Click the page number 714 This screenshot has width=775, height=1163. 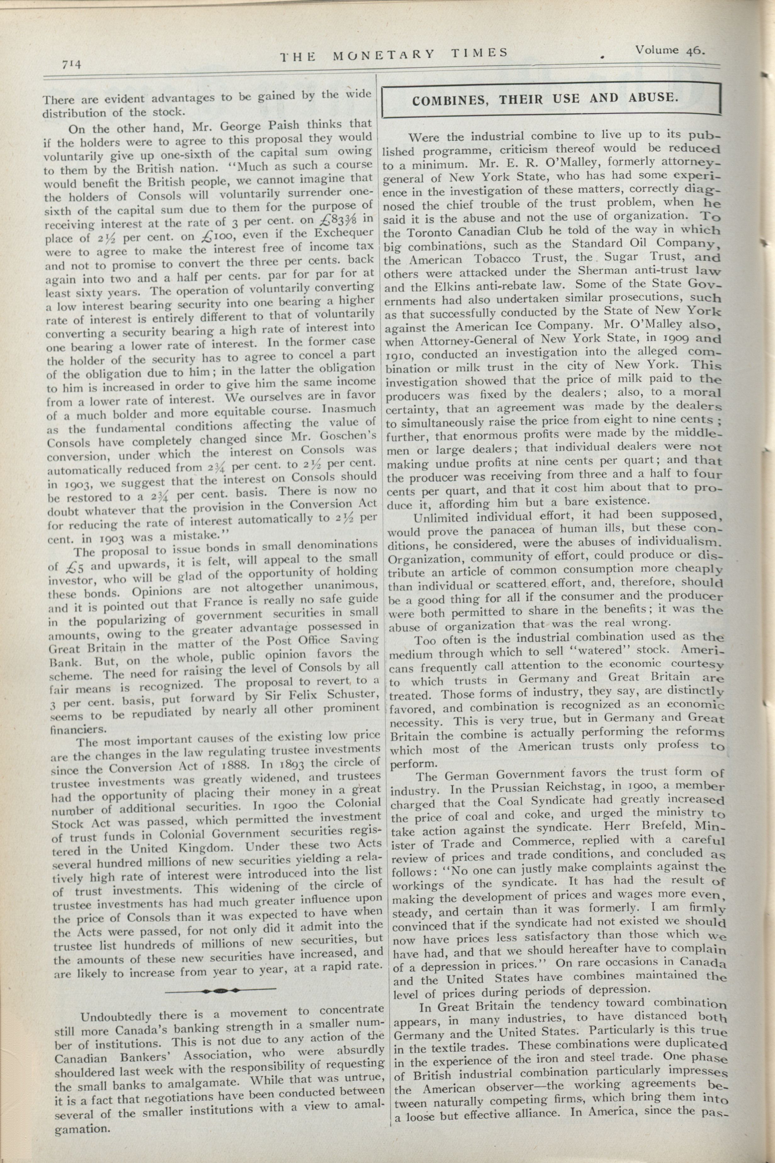(x=71, y=64)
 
